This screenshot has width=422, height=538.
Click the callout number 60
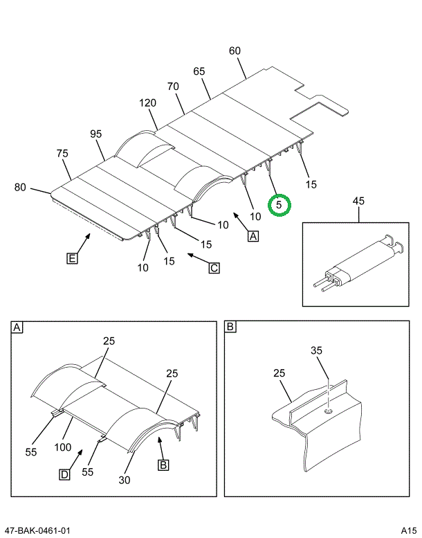(235, 51)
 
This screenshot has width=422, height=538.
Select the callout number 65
(199, 71)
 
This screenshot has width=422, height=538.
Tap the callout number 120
(147, 103)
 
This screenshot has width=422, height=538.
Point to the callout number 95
(95, 134)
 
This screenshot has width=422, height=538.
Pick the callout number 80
(20, 187)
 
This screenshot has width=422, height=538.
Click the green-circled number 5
(279, 205)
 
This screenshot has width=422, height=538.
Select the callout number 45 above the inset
(358, 201)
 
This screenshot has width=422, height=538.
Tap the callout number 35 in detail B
(316, 351)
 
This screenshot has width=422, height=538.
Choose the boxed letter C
(214, 267)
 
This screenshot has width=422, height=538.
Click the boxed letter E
(71, 259)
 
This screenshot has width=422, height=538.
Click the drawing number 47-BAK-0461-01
(37, 530)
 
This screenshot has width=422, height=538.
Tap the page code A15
(409, 530)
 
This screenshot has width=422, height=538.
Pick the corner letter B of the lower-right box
(231, 327)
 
